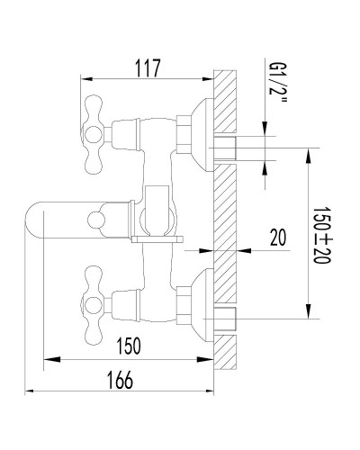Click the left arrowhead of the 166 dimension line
[31, 392]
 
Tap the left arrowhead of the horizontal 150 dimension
[49, 360]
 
